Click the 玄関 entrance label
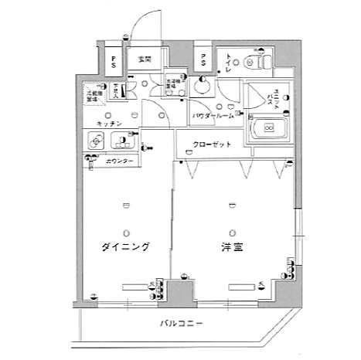(x=144, y=59)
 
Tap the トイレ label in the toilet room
(x=230, y=62)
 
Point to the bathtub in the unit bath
(x=267, y=128)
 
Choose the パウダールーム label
(x=213, y=115)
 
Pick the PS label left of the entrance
(x=113, y=60)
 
